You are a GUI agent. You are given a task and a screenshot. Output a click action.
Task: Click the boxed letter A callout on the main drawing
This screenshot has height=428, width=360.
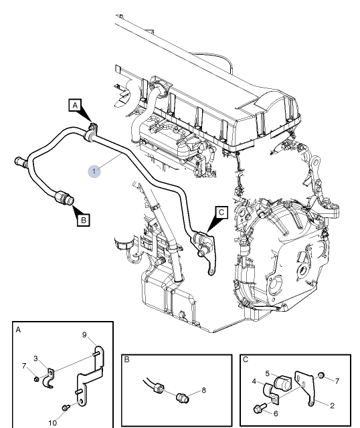(76, 105)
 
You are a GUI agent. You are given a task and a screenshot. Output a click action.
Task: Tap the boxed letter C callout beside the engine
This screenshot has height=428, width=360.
(221, 213)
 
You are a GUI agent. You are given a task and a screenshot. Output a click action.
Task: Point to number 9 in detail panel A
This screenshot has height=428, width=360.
(85, 334)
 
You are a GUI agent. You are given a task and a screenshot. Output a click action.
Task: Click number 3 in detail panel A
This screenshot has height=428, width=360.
(35, 358)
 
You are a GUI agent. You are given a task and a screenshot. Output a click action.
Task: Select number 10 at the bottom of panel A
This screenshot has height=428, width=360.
(52, 422)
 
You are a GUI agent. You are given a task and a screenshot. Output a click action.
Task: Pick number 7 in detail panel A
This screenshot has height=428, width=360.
(24, 366)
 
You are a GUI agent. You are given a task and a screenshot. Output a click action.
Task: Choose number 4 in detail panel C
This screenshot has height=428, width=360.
(254, 382)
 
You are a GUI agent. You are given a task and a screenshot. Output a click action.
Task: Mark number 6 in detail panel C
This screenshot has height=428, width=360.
(275, 413)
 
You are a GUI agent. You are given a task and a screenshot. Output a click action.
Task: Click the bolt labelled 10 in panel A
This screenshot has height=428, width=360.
(64, 407)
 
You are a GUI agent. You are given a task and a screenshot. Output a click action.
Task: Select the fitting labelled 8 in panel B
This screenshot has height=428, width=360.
(179, 397)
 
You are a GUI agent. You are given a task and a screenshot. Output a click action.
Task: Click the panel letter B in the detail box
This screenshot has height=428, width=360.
(126, 359)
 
